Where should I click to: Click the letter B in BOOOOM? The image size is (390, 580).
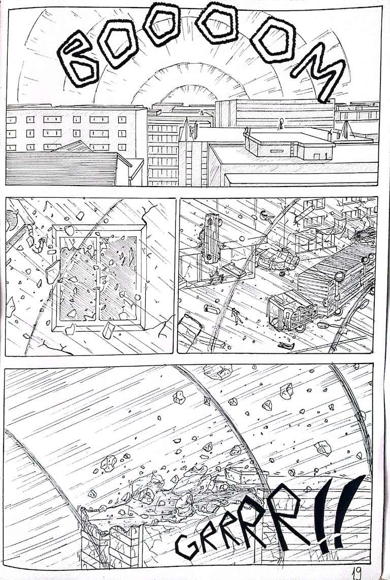pyautogui.click(x=78, y=59)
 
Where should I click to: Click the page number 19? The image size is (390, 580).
pyautogui.click(x=357, y=572)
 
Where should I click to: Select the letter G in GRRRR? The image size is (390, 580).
pyautogui.click(x=187, y=545)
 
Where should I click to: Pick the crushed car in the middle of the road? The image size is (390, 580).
pyautogui.click(x=277, y=260)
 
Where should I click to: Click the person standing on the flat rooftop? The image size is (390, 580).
pyautogui.click(x=280, y=123)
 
